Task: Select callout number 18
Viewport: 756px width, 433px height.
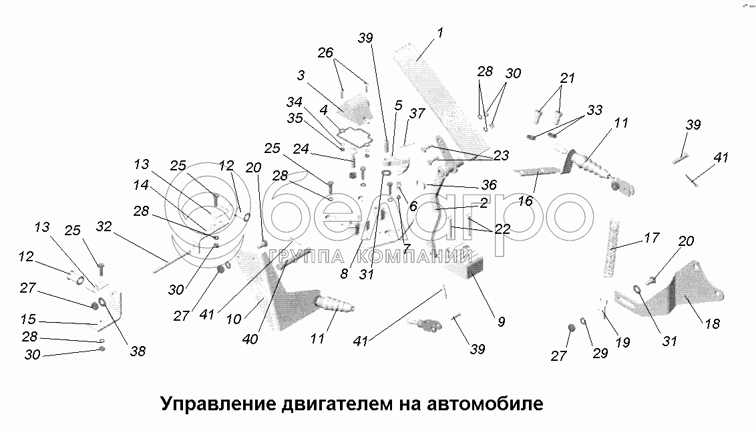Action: pos(712,324)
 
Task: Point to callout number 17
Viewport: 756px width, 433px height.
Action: pos(652,237)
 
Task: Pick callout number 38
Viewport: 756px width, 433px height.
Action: pos(138,350)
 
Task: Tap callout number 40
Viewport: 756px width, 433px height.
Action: pos(250,339)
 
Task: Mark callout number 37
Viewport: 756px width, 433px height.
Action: pos(417,114)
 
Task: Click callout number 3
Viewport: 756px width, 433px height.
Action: pos(301,76)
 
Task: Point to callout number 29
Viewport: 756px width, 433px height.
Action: pos(600,353)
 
